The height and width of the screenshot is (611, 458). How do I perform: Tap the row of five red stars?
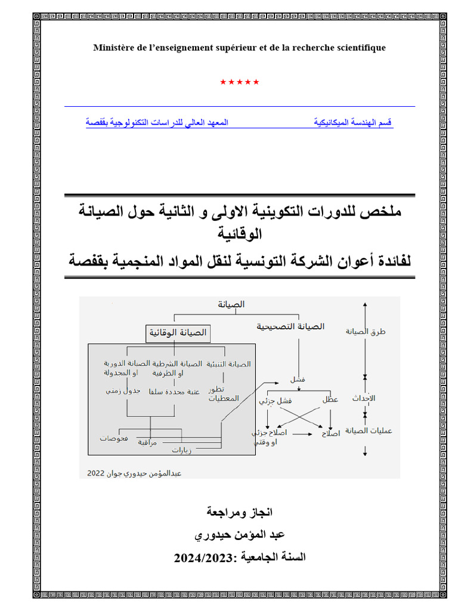point(239,82)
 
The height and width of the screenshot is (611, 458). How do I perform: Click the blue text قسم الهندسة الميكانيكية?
point(353,122)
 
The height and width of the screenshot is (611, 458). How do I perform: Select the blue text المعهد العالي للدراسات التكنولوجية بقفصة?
point(157,122)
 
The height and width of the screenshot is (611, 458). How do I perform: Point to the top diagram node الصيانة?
point(231,304)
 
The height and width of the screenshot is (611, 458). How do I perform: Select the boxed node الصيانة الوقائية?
point(180,333)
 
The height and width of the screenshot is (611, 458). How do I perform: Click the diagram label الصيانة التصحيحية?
point(290,326)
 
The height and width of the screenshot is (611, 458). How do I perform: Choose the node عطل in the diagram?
point(330,400)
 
